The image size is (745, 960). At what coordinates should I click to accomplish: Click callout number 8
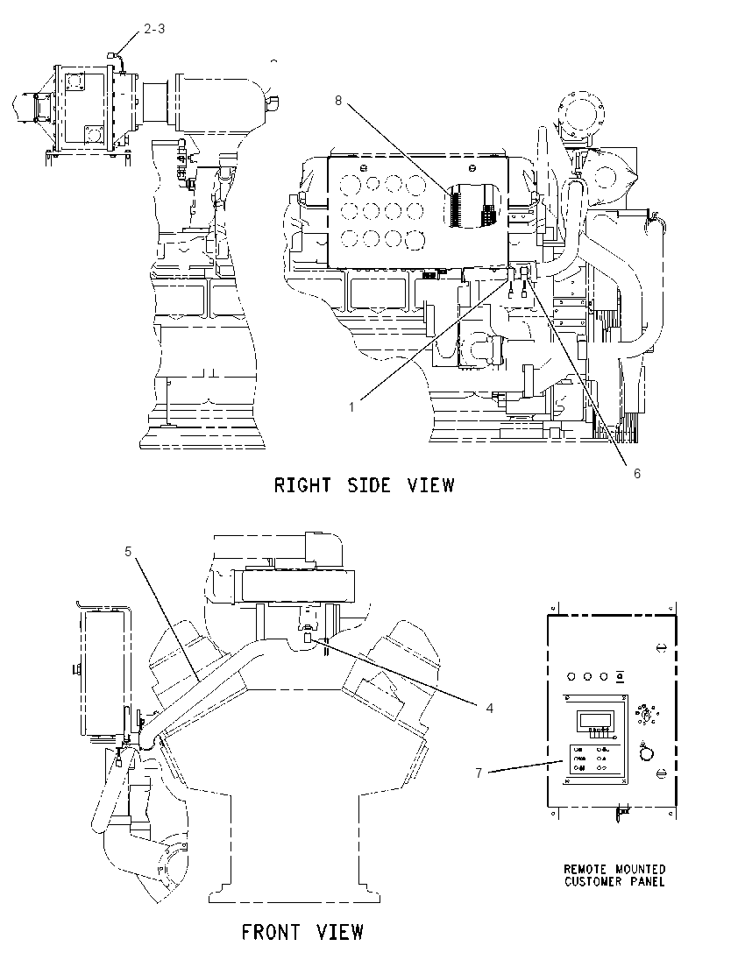(x=337, y=101)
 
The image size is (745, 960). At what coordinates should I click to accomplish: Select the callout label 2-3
(x=154, y=29)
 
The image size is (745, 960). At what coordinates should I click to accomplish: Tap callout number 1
(x=351, y=406)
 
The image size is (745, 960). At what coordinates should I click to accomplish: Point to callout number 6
(x=637, y=473)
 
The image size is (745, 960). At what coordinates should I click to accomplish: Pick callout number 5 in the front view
(x=128, y=552)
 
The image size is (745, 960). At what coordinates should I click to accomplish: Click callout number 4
(x=490, y=709)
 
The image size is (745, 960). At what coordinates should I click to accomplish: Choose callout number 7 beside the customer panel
(x=479, y=773)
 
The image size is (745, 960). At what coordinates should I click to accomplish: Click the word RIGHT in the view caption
(x=302, y=485)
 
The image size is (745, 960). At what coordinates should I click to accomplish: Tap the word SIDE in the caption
(x=369, y=485)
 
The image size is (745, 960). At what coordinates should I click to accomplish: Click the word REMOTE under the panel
(x=585, y=870)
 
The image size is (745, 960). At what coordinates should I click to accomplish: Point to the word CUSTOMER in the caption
(x=592, y=882)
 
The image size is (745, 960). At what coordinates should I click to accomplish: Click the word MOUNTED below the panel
(x=640, y=870)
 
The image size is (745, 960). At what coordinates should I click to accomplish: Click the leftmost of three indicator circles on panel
(x=571, y=676)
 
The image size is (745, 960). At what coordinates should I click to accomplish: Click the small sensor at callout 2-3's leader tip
(x=111, y=56)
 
